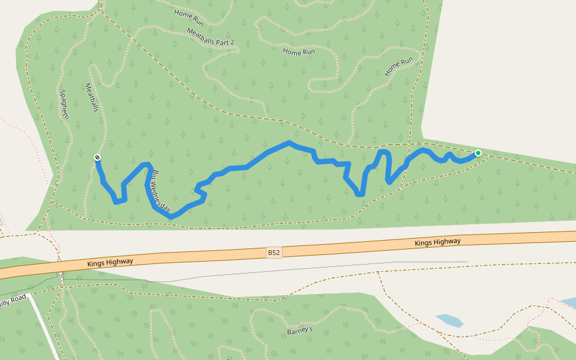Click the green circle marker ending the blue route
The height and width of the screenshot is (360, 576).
(478, 153)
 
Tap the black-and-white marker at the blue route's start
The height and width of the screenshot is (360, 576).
(97, 157)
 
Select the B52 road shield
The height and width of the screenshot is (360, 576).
(274, 253)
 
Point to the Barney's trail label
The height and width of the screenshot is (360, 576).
(300, 331)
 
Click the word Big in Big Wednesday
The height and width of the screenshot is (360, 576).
(155, 178)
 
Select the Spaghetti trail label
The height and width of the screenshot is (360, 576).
(64, 104)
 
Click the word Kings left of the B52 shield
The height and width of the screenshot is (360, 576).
(97, 263)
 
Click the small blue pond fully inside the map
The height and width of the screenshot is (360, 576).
(449, 320)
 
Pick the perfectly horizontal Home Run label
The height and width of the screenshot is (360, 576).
(299, 52)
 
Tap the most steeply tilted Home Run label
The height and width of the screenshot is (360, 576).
(399, 66)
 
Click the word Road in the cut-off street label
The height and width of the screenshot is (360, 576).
(18, 299)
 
